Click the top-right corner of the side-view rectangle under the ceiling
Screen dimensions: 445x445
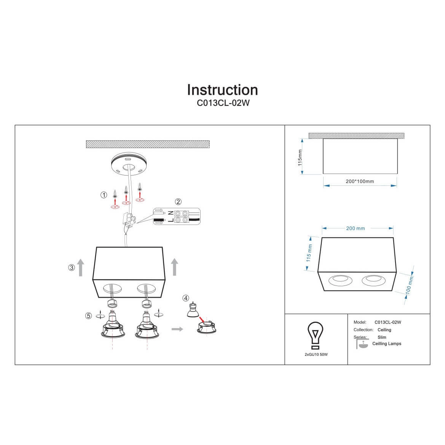pos(397,139)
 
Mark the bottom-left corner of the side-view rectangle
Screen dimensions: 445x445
pos(323,174)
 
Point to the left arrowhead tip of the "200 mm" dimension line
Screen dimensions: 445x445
pos(322,228)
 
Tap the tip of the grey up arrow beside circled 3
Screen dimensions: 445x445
pos(81,259)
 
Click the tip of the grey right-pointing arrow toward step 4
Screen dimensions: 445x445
pos(183,329)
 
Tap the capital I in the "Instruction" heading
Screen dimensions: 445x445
pos(189,90)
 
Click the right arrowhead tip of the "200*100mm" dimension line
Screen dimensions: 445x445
pos(397,186)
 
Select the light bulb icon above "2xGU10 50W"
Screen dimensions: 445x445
pos(315,335)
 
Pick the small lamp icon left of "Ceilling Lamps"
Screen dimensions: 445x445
pos(362,344)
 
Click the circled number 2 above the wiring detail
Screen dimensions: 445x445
pos(178,201)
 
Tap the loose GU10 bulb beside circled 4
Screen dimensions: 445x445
pos(193,310)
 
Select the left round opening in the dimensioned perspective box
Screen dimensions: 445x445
pos(340,281)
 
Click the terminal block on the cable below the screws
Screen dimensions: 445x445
pos(129,219)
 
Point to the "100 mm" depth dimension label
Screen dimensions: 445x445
pos(409,286)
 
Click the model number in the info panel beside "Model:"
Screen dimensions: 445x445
pos(388,322)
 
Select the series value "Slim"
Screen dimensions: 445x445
pos(382,337)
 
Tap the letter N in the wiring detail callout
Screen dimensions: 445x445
pos(171,213)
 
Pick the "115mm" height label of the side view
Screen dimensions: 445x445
pos(300,158)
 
